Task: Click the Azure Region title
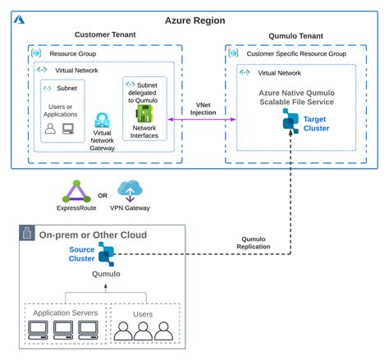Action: [x=194, y=20]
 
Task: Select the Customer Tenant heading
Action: [x=105, y=35]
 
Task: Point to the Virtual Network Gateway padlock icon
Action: [x=103, y=121]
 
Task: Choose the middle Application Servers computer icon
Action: [x=65, y=330]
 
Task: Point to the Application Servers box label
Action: [x=65, y=312]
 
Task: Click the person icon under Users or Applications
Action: [x=50, y=128]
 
